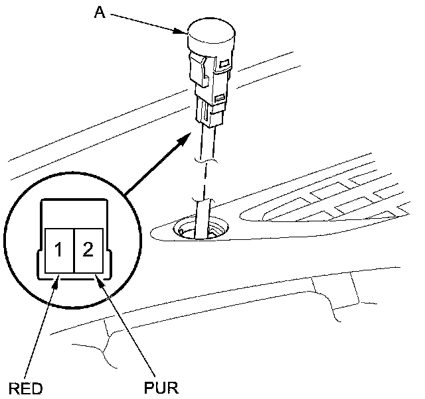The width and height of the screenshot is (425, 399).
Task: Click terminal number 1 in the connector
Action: (x=59, y=250)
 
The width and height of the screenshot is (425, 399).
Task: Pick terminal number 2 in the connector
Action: (x=88, y=250)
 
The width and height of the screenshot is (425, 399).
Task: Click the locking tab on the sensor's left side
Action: (x=195, y=66)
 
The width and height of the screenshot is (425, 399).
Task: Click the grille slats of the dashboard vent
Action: (x=339, y=199)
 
